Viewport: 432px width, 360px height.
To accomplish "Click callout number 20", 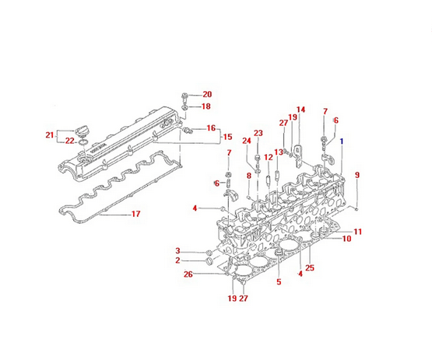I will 206,94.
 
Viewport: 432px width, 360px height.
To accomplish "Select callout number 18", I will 206,107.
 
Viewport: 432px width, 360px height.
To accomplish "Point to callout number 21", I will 50,135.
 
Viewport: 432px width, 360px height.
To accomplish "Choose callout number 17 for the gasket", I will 135,215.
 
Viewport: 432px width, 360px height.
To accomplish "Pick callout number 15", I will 227,137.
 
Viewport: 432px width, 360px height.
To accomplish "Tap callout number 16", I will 211,128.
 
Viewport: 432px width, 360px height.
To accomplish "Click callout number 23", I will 258,133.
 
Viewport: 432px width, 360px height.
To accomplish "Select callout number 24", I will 245,141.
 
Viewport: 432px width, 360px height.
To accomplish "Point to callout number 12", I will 268,157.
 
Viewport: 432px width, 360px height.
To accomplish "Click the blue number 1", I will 341,142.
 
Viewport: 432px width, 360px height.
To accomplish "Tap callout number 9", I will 357,175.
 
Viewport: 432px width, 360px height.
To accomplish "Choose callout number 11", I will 357,232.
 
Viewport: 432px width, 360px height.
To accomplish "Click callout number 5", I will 279,281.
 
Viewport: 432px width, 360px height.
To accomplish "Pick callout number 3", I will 177,250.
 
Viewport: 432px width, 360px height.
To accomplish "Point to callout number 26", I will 188,274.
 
